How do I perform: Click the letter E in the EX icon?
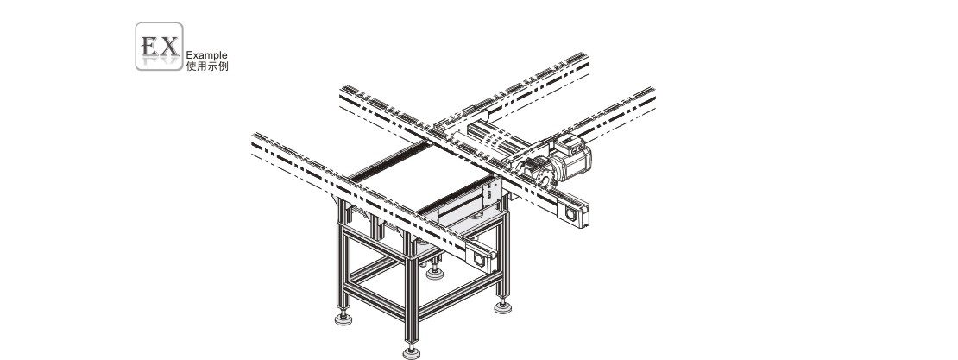(x=149, y=46)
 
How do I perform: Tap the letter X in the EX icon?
(x=168, y=46)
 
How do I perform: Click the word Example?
(x=206, y=55)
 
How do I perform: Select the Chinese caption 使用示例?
(x=207, y=66)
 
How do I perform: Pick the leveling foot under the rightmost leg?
(x=503, y=306)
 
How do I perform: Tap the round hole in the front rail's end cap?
(x=479, y=261)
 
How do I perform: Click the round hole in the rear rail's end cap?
(x=571, y=214)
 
